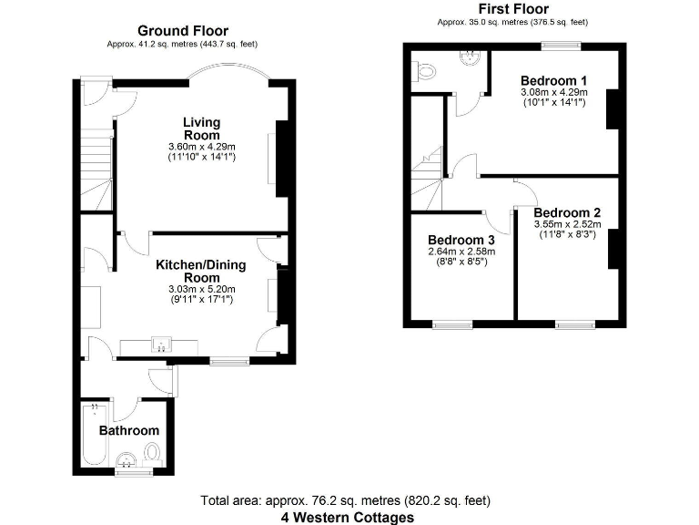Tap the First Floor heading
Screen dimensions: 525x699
point(512,9)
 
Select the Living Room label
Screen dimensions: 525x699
point(201,129)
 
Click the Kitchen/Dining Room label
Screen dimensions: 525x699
point(201,271)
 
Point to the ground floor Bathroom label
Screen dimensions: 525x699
point(128,430)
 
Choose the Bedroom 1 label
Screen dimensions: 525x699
point(553,79)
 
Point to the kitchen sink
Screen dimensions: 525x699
point(162,345)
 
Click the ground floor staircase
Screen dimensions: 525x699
point(96,169)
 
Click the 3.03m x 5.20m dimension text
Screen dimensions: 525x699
point(201,290)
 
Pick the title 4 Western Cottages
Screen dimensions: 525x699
point(347,517)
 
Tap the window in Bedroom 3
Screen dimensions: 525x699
point(451,324)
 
